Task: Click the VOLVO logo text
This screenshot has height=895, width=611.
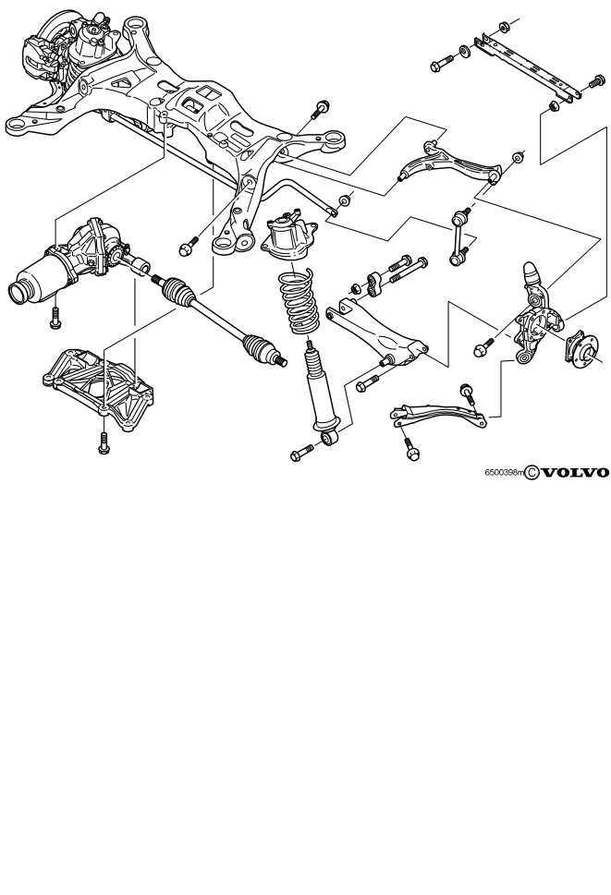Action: coord(574,473)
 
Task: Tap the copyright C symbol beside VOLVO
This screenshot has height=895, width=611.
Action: coord(532,473)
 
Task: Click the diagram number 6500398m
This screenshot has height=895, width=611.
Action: coord(504,473)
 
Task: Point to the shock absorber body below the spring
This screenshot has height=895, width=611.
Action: coord(323,388)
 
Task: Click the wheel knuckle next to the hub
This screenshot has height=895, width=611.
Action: coord(539,313)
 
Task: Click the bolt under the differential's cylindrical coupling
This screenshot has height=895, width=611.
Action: coord(55,319)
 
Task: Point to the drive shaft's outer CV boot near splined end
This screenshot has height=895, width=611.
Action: coord(260,349)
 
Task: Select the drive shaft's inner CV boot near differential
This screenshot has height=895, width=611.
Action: coord(178,291)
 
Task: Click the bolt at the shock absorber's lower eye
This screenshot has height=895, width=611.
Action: coord(301,454)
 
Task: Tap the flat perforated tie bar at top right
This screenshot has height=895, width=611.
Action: coord(526,67)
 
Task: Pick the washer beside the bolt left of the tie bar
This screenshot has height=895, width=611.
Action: coord(464,53)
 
